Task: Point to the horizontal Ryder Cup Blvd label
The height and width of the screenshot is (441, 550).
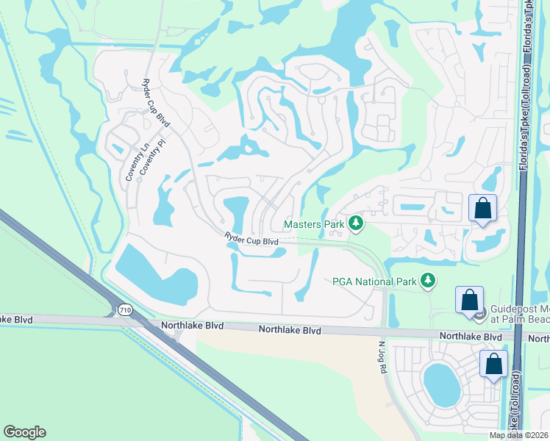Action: (251, 240)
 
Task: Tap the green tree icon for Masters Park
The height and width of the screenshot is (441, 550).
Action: (356, 222)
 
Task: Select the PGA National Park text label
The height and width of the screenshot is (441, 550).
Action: (372, 280)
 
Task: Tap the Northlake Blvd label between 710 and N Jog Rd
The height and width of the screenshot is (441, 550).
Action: (290, 331)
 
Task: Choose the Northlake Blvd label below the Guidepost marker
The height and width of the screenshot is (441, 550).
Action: (471, 336)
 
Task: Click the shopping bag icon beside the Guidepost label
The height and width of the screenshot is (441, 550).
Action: (469, 300)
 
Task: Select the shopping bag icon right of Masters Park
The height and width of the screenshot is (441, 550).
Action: (482, 208)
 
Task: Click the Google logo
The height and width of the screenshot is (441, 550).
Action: (24, 432)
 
